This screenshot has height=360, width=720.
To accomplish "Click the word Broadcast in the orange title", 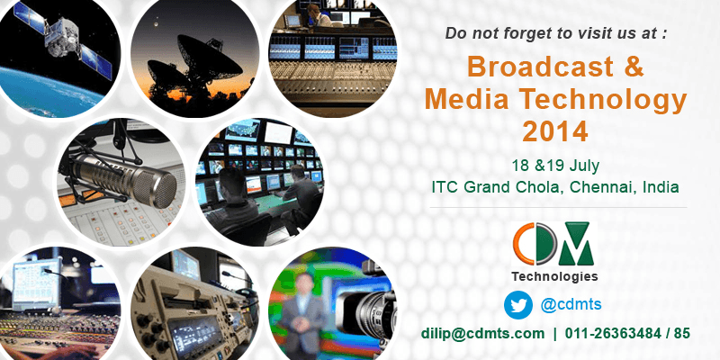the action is (x=540, y=67).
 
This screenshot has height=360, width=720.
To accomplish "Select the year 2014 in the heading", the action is (x=555, y=131).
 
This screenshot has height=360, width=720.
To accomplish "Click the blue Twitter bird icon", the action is (x=518, y=305).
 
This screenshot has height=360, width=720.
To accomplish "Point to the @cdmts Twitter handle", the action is (x=571, y=304).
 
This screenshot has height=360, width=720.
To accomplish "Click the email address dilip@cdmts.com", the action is (x=482, y=334).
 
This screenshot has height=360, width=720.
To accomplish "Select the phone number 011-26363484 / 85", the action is (x=627, y=334).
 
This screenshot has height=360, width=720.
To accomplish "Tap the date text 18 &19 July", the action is (x=555, y=166).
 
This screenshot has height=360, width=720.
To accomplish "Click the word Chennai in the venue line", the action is (x=599, y=187).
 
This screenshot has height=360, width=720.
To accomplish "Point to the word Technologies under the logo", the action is (x=554, y=276).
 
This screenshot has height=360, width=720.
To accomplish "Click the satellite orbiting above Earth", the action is (x=63, y=39).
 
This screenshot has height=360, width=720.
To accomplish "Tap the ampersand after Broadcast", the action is (x=634, y=67).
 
